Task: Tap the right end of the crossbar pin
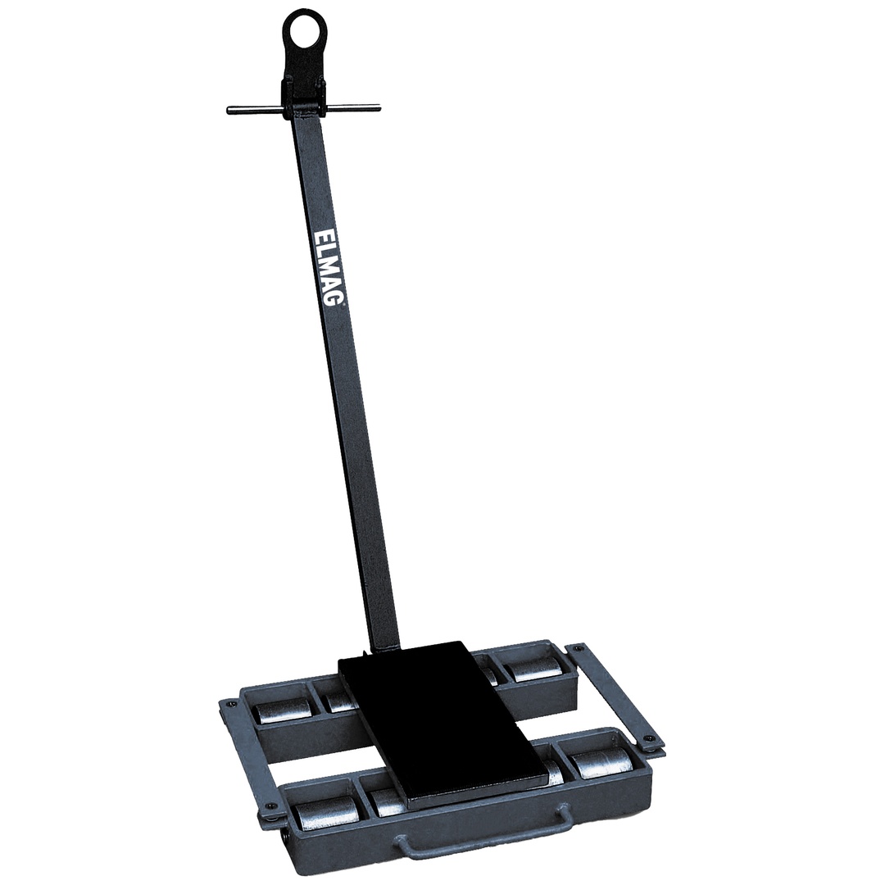click(378, 106)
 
